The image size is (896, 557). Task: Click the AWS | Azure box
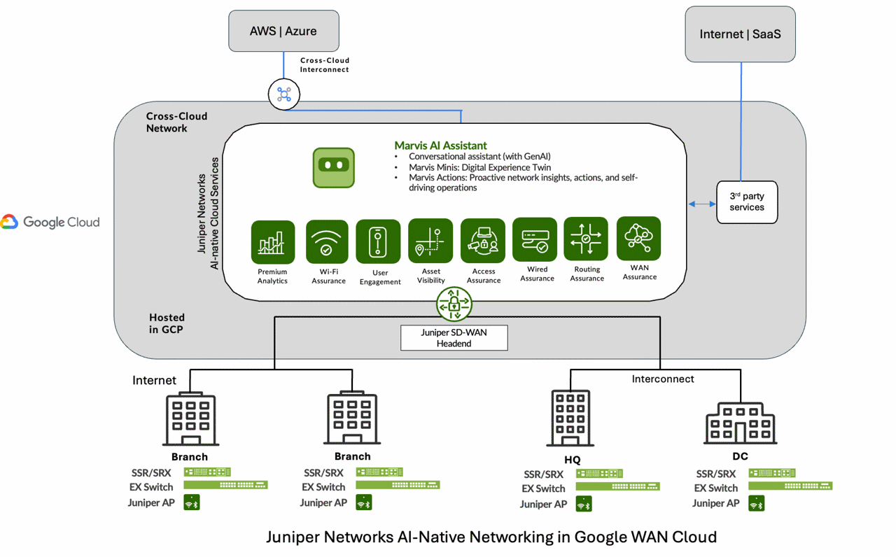[x=283, y=31]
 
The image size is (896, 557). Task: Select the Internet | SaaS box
[x=740, y=34]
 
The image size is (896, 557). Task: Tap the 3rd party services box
[x=747, y=202]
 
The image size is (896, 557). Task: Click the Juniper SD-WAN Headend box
[x=454, y=338]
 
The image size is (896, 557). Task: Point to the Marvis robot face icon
[x=334, y=167]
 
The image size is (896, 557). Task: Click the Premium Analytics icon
[x=272, y=242]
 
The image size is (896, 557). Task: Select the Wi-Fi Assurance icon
[x=327, y=242]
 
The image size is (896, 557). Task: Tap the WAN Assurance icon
[x=638, y=239]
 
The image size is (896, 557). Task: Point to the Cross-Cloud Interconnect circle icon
[x=284, y=94]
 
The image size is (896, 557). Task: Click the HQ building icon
[x=570, y=418]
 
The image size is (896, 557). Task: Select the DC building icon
[x=740, y=423]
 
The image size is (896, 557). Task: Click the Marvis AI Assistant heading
[x=440, y=146]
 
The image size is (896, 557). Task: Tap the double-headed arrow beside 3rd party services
[x=702, y=204]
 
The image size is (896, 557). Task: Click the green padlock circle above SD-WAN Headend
[x=454, y=304]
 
